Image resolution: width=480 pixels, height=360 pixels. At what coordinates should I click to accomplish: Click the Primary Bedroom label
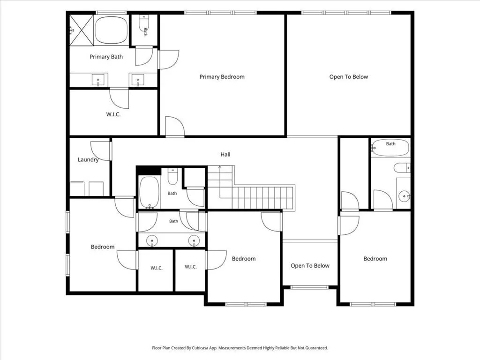click(222, 77)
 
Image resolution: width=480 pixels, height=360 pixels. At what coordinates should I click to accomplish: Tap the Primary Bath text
click(106, 57)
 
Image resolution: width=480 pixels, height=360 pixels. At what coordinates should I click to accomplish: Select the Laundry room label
click(88, 159)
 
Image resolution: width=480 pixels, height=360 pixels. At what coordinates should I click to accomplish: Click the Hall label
click(225, 154)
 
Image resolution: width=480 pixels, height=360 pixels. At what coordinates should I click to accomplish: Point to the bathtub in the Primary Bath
click(111, 30)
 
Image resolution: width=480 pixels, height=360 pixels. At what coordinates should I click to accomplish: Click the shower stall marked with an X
click(82, 30)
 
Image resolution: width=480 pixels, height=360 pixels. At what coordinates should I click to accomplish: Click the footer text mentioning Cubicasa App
click(240, 348)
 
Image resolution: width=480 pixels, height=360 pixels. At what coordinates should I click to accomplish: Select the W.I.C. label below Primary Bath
click(113, 114)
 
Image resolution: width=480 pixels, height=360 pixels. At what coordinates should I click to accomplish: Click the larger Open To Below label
click(348, 77)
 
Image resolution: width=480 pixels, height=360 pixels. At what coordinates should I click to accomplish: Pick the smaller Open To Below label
click(310, 266)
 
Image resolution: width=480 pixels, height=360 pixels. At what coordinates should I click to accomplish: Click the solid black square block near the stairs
click(149, 171)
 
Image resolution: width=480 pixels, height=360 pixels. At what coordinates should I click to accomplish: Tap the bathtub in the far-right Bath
click(390, 148)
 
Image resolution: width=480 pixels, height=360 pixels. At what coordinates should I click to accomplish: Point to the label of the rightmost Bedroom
click(375, 259)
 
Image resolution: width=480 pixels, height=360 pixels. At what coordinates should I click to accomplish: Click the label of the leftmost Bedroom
click(103, 247)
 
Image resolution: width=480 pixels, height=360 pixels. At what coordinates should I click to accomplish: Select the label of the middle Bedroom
click(244, 259)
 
